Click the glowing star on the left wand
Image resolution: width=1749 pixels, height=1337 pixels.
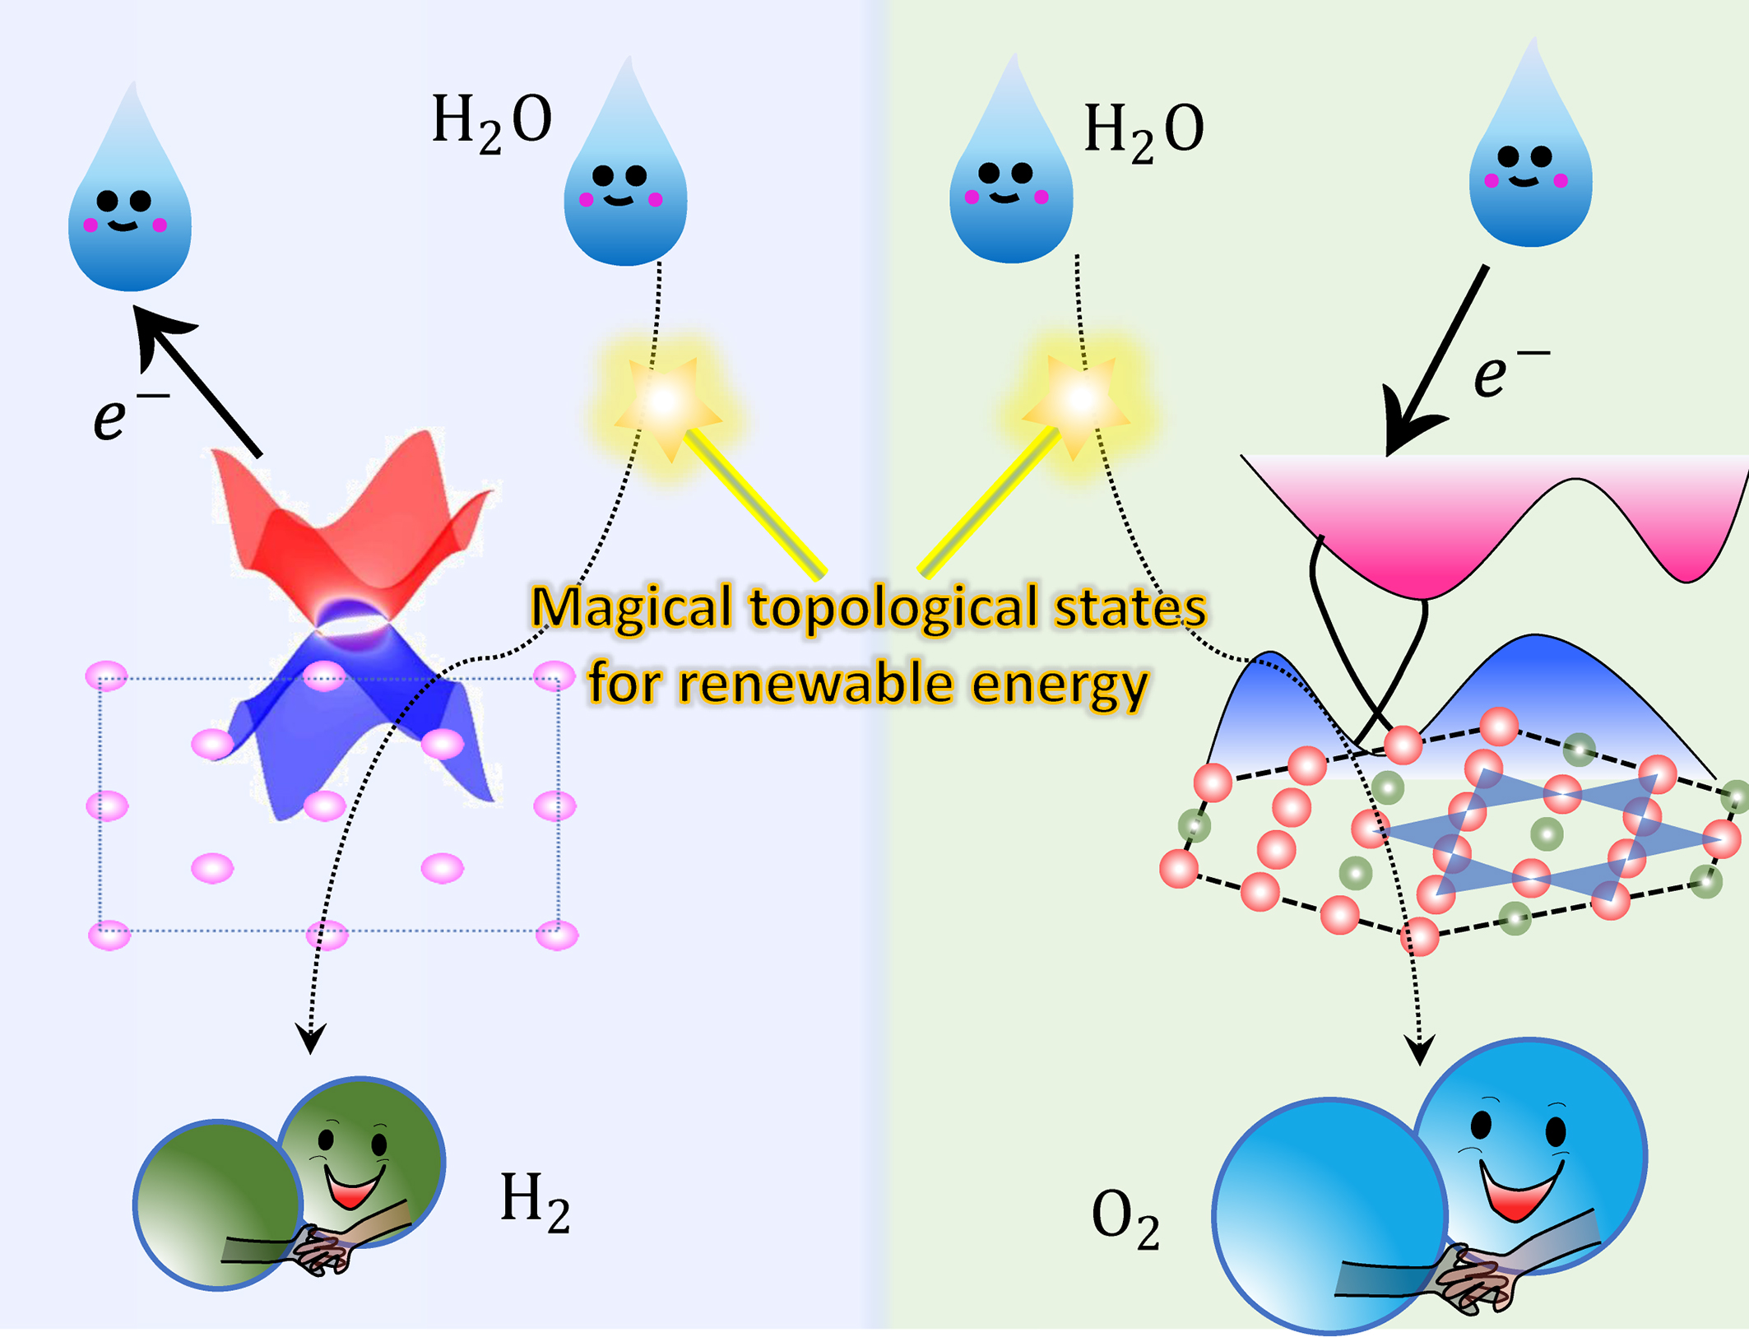[666, 403]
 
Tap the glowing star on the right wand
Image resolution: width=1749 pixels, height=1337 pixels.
[1078, 401]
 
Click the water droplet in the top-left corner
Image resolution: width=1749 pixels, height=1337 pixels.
[130, 197]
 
